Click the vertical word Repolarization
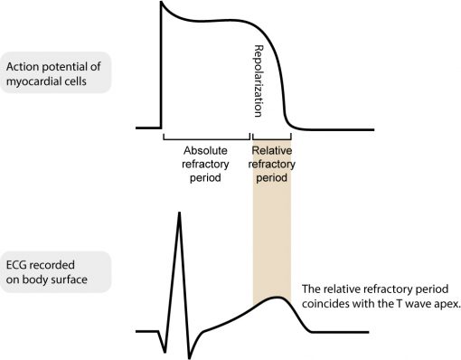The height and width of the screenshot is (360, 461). [x=259, y=80]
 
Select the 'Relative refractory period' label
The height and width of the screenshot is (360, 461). [x=271, y=164]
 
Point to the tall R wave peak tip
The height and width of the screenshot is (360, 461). [x=179, y=214]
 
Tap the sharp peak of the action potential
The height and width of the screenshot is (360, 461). [x=161, y=5]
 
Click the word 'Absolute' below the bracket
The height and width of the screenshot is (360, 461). [x=205, y=149]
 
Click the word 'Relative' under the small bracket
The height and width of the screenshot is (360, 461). [x=271, y=149]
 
